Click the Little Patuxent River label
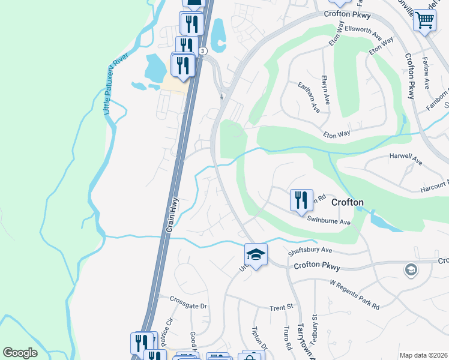[x=112, y=85]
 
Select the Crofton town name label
[x=346, y=202]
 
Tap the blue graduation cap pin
[x=256, y=254]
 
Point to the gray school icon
[x=411, y=269]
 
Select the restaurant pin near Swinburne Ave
[x=301, y=200]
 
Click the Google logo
[x=20, y=353]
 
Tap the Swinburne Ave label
[x=328, y=221]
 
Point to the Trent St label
[x=280, y=307]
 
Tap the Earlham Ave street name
[x=309, y=97]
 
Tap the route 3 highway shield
[x=203, y=51]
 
